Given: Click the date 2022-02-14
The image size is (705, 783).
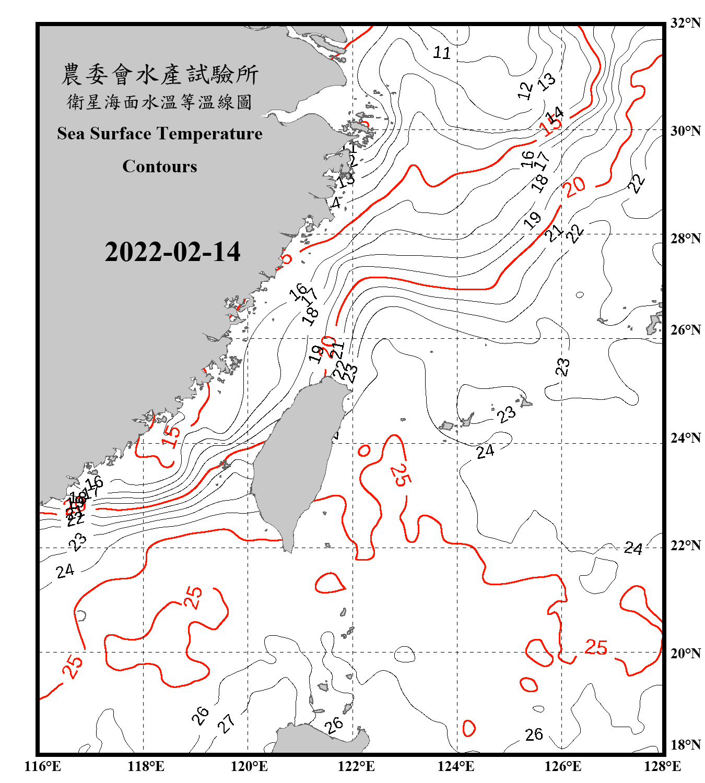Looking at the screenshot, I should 172,252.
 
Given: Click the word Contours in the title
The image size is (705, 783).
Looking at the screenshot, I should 160,167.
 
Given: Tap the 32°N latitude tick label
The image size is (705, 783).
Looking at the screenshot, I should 685,22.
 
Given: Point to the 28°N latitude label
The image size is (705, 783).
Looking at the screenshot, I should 685,239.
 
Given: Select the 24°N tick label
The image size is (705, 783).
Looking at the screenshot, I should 685,438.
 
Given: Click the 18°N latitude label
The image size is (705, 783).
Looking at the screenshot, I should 685,745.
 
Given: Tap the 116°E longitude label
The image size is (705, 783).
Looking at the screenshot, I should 43,766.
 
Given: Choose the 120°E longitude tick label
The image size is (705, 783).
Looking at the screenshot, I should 249,766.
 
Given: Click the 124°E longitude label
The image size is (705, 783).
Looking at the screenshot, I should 456,766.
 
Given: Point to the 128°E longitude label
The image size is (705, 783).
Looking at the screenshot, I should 662,766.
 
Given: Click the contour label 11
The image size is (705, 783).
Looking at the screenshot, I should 442,53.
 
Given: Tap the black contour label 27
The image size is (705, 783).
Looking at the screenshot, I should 227,723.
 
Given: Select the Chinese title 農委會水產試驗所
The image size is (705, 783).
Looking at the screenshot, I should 160,75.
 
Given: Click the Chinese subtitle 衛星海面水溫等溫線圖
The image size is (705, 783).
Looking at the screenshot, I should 160,102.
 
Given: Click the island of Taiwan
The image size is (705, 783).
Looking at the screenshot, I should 295,459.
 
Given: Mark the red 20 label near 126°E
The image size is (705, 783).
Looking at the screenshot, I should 574,187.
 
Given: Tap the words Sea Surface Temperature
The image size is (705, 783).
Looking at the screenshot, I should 160,134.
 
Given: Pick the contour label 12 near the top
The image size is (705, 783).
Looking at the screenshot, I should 525,90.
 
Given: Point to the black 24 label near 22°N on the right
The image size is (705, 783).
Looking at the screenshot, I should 633,548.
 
